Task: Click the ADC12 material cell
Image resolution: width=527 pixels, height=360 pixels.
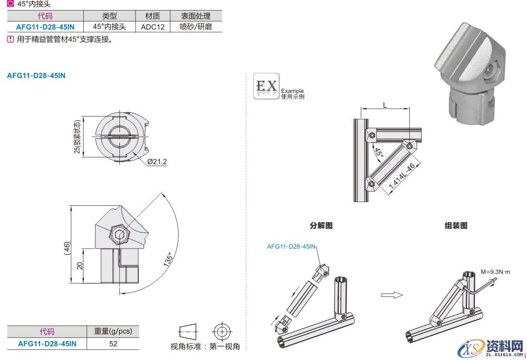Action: pos(150,26)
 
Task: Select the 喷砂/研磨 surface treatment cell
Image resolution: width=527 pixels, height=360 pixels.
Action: pos(196,26)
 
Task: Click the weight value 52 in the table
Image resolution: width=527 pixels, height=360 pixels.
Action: pos(113,344)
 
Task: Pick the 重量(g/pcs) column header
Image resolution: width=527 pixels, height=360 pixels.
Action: pos(113,331)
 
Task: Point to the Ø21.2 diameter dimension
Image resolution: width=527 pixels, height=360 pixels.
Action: pos(157,162)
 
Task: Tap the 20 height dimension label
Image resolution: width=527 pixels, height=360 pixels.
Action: pos(80,266)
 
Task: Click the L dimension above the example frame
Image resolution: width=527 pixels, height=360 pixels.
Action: pos(385,106)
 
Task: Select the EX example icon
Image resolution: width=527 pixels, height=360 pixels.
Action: pos(266,86)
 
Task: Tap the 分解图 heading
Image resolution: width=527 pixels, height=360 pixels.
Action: pos(321,225)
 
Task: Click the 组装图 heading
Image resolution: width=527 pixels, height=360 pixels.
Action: pos(456,225)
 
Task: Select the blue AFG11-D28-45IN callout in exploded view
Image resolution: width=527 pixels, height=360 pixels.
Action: pos(291,246)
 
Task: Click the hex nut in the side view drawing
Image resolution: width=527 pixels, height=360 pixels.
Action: pos(120,233)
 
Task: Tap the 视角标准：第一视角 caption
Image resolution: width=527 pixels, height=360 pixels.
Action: pos(205,347)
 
